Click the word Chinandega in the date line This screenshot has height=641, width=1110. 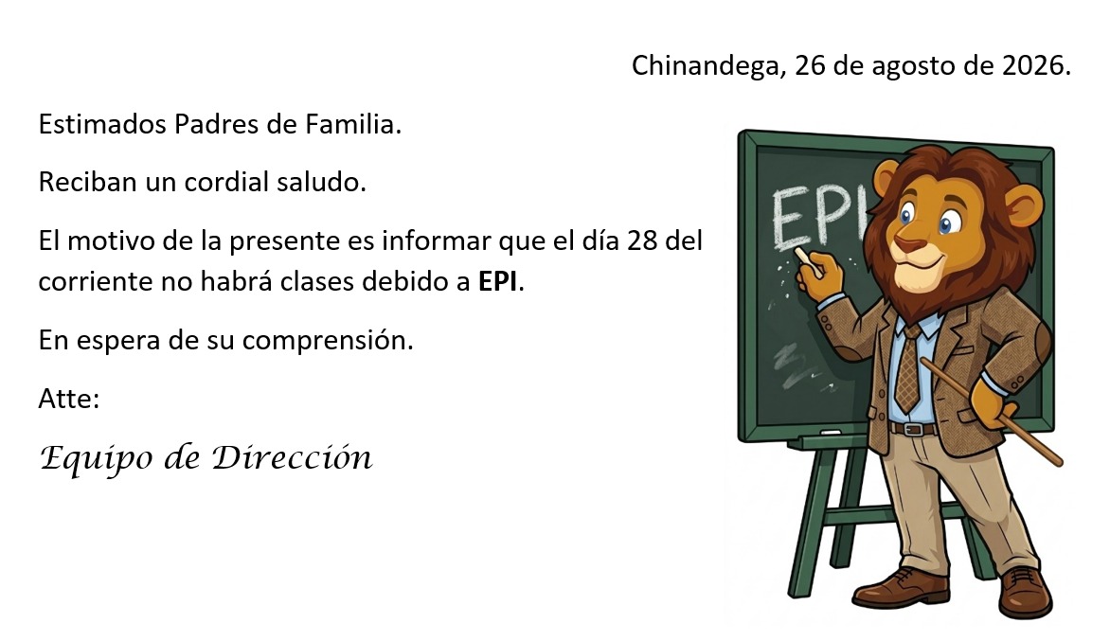(708, 65)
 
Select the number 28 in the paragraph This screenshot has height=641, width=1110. (642, 240)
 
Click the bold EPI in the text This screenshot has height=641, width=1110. (498, 281)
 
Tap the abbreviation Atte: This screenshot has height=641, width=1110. (69, 399)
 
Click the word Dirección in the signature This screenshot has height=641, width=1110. (293, 457)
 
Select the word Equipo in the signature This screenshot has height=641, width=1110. (97, 458)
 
